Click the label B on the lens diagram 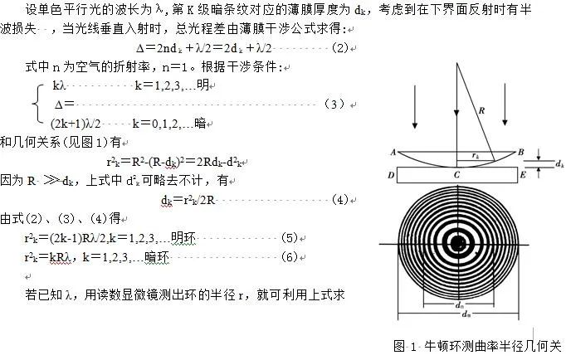(520, 152)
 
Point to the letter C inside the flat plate (456, 175)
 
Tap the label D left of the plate (391, 175)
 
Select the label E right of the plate (521, 175)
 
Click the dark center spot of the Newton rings (456, 242)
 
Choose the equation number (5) (289, 237)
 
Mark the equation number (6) (290, 257)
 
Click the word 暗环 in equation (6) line (157, 258)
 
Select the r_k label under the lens (474, 154)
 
